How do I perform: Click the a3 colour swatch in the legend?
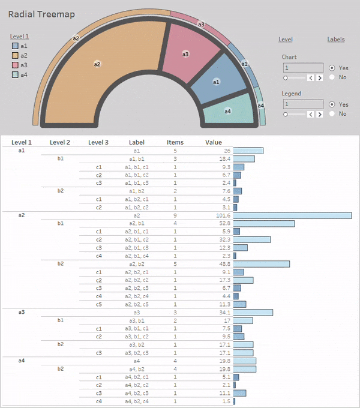coord(15,65)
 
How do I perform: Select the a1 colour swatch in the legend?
coord(15,46)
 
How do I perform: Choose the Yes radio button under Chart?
coord(332,68)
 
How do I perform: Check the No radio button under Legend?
coord(332,113)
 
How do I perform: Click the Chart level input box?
coord(303,68)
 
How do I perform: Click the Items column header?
coord(175,142)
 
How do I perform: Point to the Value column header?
coord(214,142)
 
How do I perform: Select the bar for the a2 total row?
coord(292,215)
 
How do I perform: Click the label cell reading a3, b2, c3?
coord(137,353)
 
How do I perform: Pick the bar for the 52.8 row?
coord(264,223)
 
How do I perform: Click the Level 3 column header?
coord(98,142)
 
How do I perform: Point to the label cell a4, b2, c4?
coord(137,401)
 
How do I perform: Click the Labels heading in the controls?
coord(336,40)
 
